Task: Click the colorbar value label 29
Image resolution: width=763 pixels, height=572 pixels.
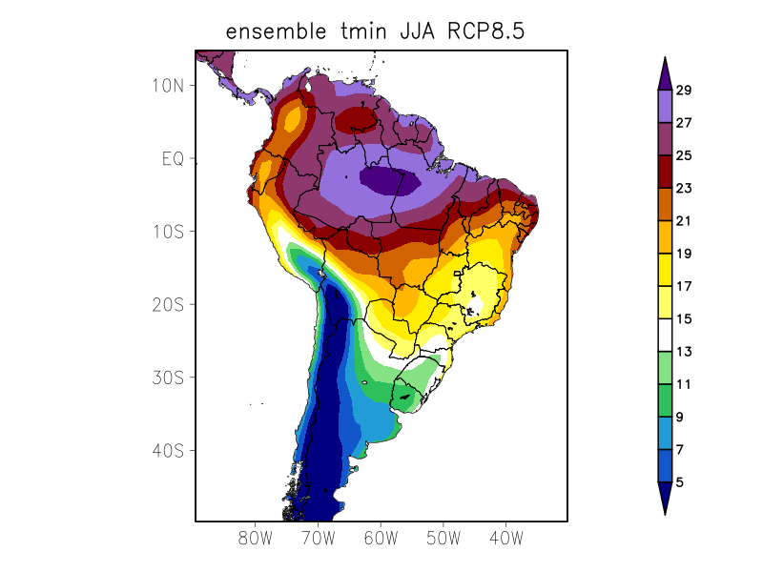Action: [683, 91]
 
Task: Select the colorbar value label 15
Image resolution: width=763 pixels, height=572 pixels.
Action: [683, 319]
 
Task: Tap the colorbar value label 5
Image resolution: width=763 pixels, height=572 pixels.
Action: [679, 482]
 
